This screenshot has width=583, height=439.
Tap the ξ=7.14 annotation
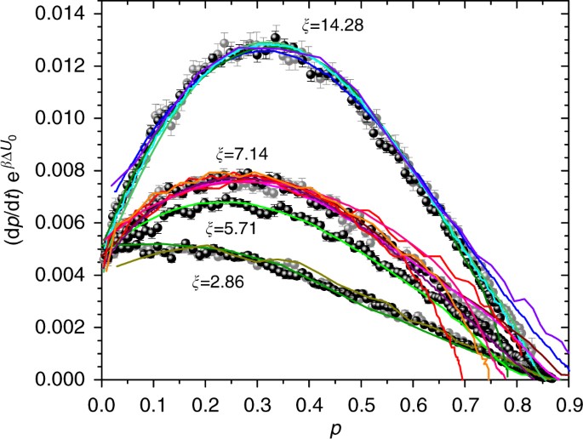242,155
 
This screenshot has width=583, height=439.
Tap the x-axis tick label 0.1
153,397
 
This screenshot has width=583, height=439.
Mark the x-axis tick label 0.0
101,397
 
